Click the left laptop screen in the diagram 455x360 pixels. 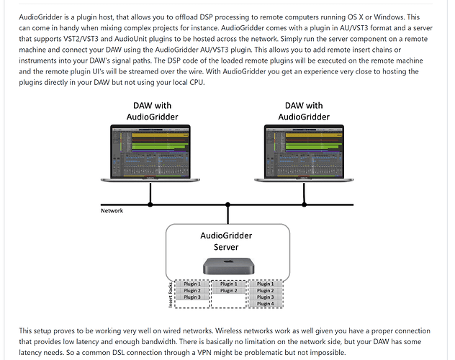[150, 153]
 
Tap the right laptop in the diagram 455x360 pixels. [305, 155]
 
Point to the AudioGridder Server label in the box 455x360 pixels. [227, 240]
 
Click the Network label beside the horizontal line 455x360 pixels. [112, 210]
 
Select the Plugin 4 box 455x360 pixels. [265, 304]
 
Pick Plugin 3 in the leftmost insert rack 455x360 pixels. [192, 297]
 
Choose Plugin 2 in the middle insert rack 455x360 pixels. [228, 290]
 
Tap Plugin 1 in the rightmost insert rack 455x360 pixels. [265, 284]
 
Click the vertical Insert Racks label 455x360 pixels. [171, 294]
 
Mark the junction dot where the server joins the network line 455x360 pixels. [227, 204]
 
